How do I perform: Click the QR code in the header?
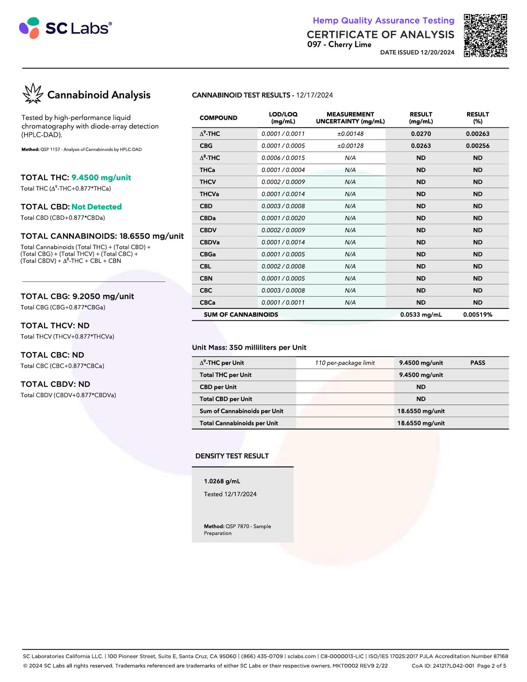(x=485, y=36)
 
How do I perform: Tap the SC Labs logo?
(x=65, y=28)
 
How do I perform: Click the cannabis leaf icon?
(x=33, y=93)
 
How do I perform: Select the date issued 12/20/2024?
(x=417, y=52)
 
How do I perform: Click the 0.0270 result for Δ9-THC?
(x=421, y=134)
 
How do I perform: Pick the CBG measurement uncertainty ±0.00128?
(x=350, y=146)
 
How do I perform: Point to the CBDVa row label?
(x=210, y=242)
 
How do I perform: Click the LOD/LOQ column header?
(x=283, y=118)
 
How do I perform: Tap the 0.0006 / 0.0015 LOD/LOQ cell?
(x=283, y=158)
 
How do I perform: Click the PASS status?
(x=477, y=363)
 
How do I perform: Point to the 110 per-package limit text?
(x=345, y=363)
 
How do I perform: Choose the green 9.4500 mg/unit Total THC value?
(x=101, y=178)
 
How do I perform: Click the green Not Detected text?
(x=97, y=207)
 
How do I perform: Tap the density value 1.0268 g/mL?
(x=222, y=481)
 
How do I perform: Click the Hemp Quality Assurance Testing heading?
(x=383, y=21)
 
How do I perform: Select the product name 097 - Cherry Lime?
(x=339, y=45)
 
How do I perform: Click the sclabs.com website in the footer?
(x=302, y=656)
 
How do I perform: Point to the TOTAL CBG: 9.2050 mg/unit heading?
(x=77, y=296)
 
